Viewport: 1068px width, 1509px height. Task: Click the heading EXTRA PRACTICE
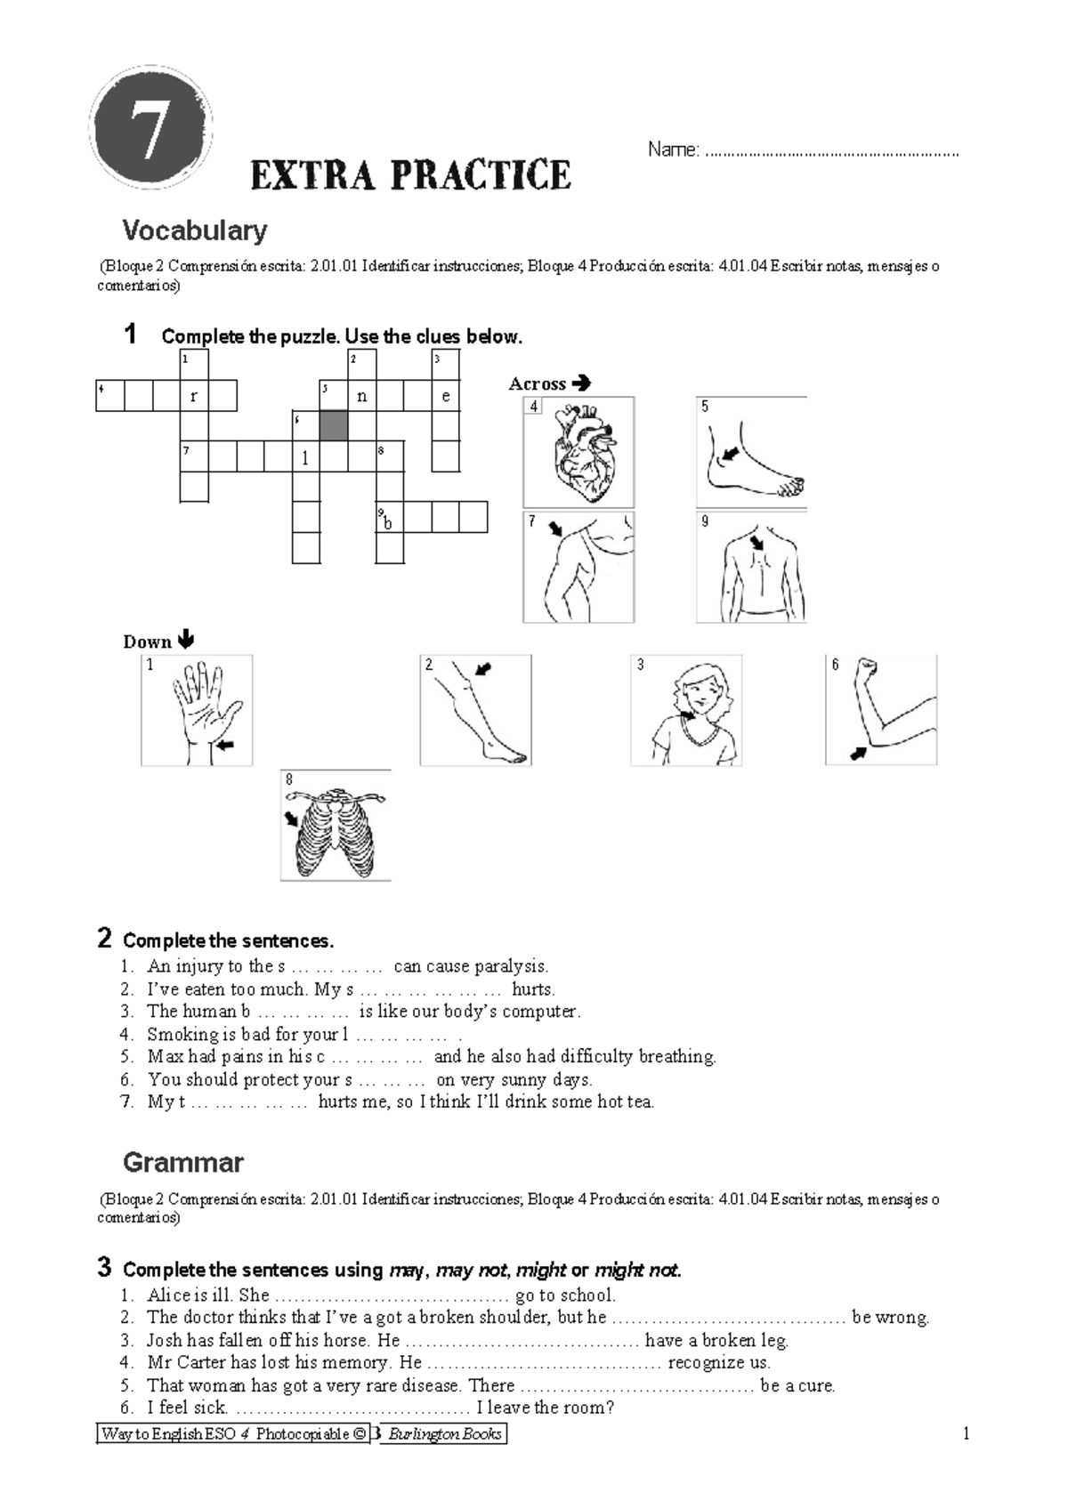point(410,175)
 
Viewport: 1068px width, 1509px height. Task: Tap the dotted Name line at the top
point(831,152)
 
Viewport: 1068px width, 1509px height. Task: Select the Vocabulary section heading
point(194,231)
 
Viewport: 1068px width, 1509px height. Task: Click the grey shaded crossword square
point(334,425)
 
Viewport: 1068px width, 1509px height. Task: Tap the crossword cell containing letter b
point(389,518)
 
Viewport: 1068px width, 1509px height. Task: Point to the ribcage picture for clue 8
point(336,827)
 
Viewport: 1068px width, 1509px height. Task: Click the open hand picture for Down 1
point(198,710)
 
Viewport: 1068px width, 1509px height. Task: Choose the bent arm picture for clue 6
point(882,710)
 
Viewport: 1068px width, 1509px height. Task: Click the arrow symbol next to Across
point(581,383)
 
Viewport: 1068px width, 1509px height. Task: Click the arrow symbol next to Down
point(186,640)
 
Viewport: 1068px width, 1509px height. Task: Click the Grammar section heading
point(182,1162)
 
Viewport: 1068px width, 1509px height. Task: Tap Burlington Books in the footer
point(445,1433)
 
